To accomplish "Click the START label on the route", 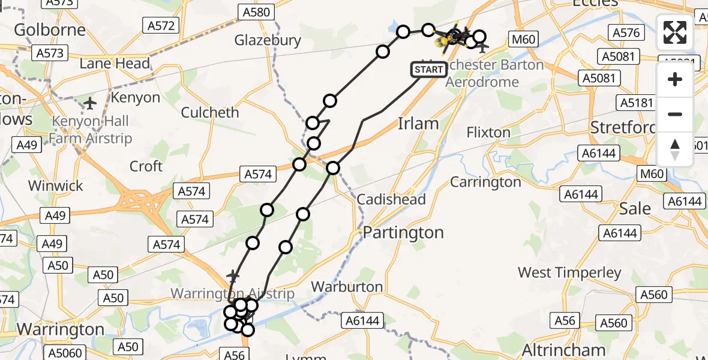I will click(429, 70).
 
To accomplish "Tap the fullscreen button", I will click(675, 32).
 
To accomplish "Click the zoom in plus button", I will click(675, 79).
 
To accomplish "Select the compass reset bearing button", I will click(675, 149).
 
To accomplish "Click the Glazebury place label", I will click(268, 40).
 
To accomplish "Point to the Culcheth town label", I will click(210, 112).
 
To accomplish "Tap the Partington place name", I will click(404, 232).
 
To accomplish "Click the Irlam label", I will click(418, 124).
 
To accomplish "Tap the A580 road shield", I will click(256, 12).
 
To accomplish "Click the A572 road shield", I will click(162, 25).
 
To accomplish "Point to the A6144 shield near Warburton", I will click(362, 321).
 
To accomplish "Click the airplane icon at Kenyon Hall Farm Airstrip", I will click(91, 103).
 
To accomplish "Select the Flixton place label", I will click(488, 132).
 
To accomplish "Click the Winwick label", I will click(56, 185).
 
